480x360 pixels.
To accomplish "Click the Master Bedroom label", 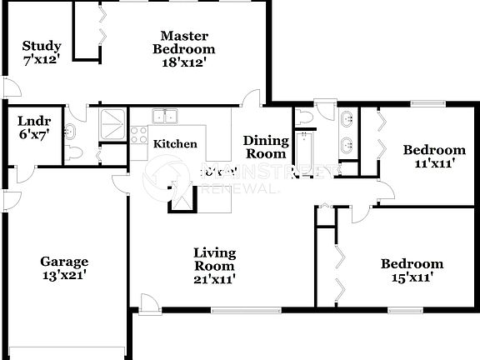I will coord(184,48).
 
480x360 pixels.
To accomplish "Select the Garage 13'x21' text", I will coord(65,267).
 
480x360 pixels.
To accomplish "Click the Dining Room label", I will coord(266,147).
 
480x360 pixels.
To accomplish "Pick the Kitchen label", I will coord(175,144).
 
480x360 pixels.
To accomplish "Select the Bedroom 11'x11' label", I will coord(433,157).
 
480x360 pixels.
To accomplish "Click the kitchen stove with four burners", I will coord(137,137).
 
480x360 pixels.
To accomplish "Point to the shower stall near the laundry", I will coord(112,123).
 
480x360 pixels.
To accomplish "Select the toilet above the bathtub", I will coord(305,117).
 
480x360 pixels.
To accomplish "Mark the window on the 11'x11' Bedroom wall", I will coord(425,103).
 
